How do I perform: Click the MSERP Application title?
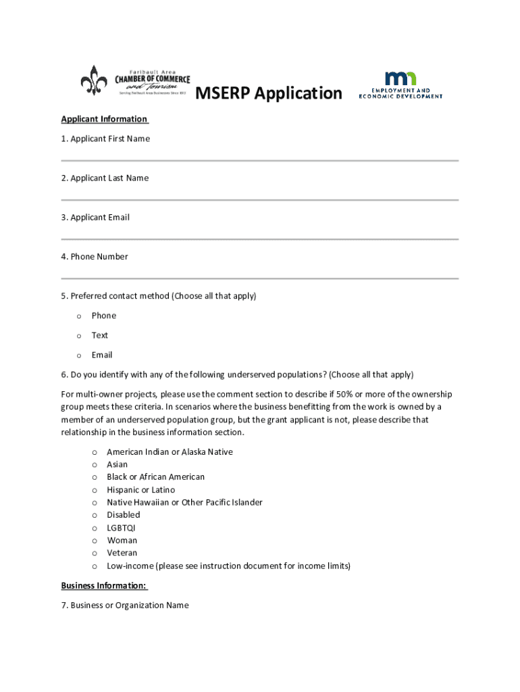pyautogui.click(x=269, y=93)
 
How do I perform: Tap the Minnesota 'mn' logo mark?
pyautogui.click(x=400, y=78)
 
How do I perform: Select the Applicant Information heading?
pyautogui.click(x=104, y=120)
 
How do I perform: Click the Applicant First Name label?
pyautogui.click(x=105, y=139)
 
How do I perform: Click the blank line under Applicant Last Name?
pyautogui.click(x=260, y=200)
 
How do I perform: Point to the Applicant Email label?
pyautogui.click(x=95, y=218)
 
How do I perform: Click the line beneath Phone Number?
pyautogui.click(x=260, y=278)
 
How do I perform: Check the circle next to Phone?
pyautogui.click(x=79, y=316)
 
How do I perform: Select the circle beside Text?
pyautogui.click(x=79, y=336)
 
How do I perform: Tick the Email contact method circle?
pyautogui.click(x=79, y=355)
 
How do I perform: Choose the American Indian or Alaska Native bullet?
pyautogui.click(x=94, y=452)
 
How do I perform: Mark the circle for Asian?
pyautogui.click(x=94, y=465)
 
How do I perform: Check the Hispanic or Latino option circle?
pyautogui.click(x=94, y=490)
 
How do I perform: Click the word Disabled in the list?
pyautogui.click(x=124, y=515)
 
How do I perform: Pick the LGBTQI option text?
pyautogui.click(x=122, y=528)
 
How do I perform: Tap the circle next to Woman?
pyautogui.click(x=94, y=541)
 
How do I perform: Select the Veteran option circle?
pyautogui.click(x=94, y=553)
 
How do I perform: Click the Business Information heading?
pyautogui.click(x=104, y=586)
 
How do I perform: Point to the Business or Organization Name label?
pyautogui.click(x=125, y=605)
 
